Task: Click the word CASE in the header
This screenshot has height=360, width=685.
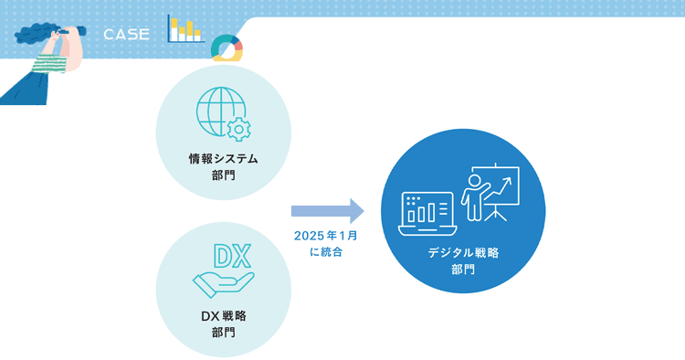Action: click(126, 35)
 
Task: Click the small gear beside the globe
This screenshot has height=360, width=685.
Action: click(238, 129)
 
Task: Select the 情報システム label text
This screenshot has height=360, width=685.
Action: click(223, 159)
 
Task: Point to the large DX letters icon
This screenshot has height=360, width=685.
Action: click(232, 256)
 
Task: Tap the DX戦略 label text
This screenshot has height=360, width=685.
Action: click(223, 316)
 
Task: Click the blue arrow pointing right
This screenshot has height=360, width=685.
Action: click(328, 211)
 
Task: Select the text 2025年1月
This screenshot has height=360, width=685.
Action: click(326, 236)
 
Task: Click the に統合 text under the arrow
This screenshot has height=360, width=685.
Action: click(326, 252)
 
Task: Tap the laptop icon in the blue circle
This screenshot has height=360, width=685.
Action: click(427, 213)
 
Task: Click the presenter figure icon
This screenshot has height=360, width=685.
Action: click(475, 197)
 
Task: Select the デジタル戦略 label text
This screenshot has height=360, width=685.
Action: click(463, 252)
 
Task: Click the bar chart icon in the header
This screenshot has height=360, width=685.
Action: click(186, 29)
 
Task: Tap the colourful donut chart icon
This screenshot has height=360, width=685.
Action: click(227, 48)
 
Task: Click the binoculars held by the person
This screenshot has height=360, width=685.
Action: click(71, 31)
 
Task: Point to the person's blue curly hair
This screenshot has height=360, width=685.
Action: click(35, 34)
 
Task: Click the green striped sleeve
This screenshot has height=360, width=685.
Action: click(50, 64)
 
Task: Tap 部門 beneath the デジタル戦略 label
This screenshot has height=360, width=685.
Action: click(463, 270)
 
